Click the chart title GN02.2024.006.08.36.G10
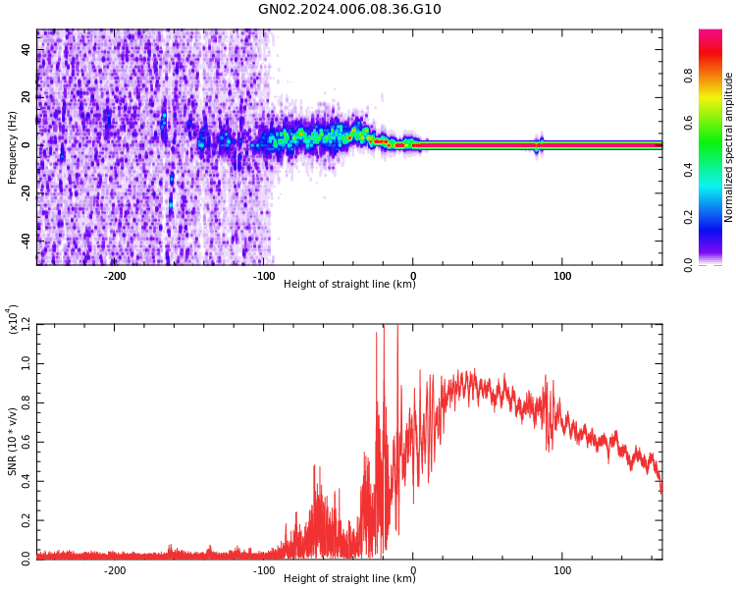(349, 10)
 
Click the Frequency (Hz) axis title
(13, 147)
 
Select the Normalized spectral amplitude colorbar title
(729, 147)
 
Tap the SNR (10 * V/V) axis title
(13, 442)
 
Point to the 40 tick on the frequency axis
(26, 50)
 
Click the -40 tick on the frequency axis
(24, 240)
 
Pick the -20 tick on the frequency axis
(24, 192)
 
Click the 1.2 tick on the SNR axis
(26, 325)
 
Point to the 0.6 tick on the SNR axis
(26, 441)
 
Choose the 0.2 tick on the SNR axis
(26, 518)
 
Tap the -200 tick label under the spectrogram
(115, 276)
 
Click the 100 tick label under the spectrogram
(562, 276)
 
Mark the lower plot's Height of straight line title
(349, 579)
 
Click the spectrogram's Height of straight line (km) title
(349, 285)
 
